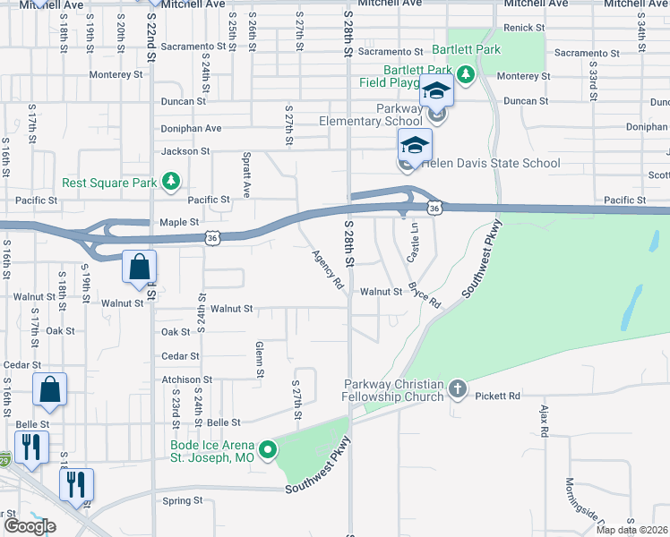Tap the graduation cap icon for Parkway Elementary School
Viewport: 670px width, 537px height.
[x=437, y=92]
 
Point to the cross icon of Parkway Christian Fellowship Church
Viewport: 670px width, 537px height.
[x=458, y=388]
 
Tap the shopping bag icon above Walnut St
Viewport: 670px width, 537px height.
[x=140, y=267]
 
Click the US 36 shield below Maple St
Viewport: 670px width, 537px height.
[x=211, y=238]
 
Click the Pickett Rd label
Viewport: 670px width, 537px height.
[x=498, y=396]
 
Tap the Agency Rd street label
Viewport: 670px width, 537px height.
[x=328, y=269]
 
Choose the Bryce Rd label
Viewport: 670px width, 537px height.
[x=425, y=295]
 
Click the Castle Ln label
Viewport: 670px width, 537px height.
[x=414, y=243]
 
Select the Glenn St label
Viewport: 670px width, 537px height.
[x=259, y=358]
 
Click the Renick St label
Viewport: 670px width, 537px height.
[x=519, y=29]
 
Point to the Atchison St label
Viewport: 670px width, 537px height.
[x=186, y=379]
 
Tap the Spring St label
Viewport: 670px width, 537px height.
[x=183, y=501]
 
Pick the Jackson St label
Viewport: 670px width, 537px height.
[x=179, y=151]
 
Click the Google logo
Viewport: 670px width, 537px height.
[x=30, y=526]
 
